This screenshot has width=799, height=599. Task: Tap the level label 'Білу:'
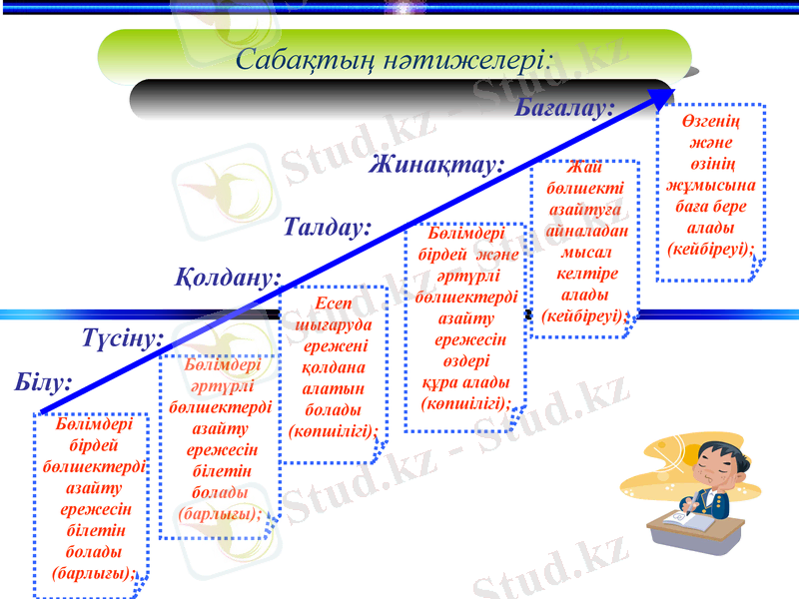coord(44,382)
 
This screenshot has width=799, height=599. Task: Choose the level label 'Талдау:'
coord(328,227)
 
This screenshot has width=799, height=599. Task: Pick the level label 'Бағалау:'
coord(564,107)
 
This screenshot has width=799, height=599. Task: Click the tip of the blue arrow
coord(671,92)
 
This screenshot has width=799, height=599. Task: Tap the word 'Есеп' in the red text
coord(333,303)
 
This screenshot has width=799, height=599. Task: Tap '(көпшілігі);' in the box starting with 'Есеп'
coord(333,432)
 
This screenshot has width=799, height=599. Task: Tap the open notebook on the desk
coord(689,522)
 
